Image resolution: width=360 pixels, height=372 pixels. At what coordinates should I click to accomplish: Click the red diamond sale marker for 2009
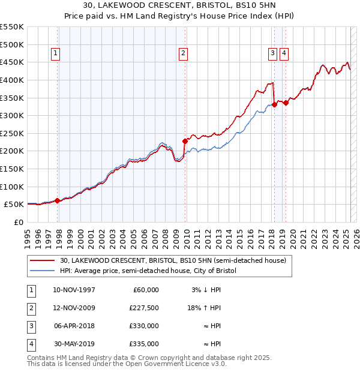pyautogui.click(x=185, y=141)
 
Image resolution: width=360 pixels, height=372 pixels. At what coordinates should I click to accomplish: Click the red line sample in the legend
pyautogui.click(x=42, y=260)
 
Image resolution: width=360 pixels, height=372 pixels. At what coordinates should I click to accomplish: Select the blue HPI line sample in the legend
pyautogui.click(x=42, y=271)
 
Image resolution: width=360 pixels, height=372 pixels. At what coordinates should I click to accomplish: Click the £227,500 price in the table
pyautogui.click(x=144, y=308)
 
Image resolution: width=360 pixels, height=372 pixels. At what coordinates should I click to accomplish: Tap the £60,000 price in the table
pyautogui.click(x=146, y=290)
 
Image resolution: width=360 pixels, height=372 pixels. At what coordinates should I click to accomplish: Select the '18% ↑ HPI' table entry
pyautogui.click(x=205, y=308)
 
